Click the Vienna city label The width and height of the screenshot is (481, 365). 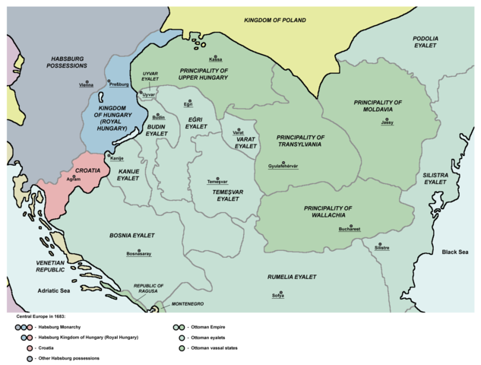pos(87,86)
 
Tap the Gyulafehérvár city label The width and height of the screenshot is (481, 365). pos(283,167)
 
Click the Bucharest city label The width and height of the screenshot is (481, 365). pos(350,229)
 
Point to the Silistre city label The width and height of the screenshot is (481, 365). pos(382,248)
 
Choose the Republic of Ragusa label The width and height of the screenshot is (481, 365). pos(149,289)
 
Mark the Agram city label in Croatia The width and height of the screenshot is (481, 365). pos(73,179)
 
